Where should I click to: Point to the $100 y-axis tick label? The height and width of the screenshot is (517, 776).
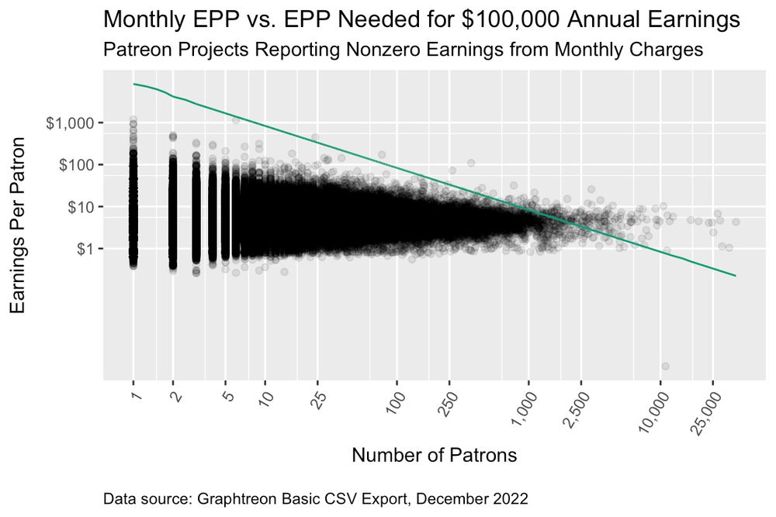pyautogui.click(x=76, y=165)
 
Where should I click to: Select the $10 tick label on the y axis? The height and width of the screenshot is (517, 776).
pyautogui.click(x=80, y=207)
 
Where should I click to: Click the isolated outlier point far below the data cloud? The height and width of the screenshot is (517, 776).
pyautogui.click(x=665, y=366)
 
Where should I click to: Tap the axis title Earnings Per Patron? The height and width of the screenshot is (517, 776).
pyautogui.click(x=22, y=226)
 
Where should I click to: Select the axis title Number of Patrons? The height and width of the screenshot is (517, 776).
pyautogui.click(x=434, y=455)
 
